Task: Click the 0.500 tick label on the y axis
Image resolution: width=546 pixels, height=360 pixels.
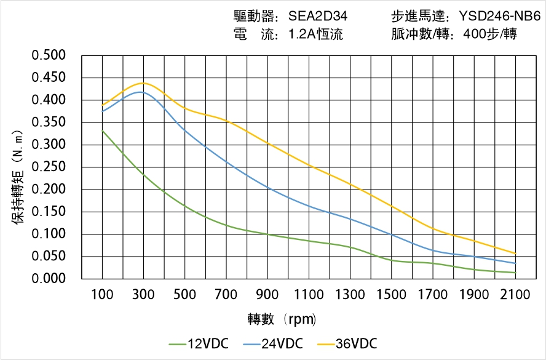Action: [x=49, y=55]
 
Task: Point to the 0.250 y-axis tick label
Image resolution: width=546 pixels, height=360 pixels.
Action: [x=49, y=167]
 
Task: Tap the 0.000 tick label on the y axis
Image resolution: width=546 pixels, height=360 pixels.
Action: [x=49, y=279]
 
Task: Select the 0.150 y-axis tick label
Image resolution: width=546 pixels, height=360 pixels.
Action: [x=49, y=212]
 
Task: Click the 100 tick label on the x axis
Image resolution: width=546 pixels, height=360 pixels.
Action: [x=102, y=295]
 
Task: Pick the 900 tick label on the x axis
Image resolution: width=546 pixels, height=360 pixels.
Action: [x=267, y=295]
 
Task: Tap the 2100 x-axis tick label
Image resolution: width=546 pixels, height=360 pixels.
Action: [x=515, y=295]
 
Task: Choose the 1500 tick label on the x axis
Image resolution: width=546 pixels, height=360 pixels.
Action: [x=391, y=295]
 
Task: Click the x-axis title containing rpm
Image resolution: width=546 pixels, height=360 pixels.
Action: [x=282, y=319]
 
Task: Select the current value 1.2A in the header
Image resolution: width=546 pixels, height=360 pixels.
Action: [x=303, y=34]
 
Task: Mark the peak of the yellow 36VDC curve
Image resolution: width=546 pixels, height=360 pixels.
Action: [x=143, y=82]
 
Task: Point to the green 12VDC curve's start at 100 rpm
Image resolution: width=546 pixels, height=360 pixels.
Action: [x=102, y=130]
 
